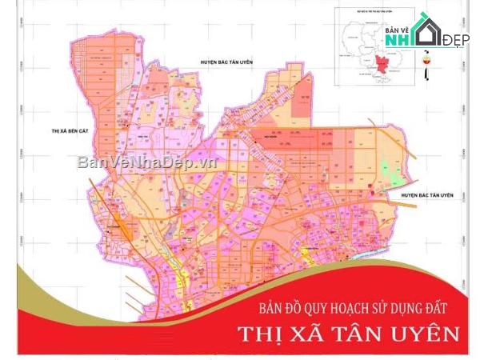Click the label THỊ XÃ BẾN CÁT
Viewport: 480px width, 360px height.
coord(70,127)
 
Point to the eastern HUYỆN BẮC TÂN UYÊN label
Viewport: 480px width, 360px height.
coord(427,195)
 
